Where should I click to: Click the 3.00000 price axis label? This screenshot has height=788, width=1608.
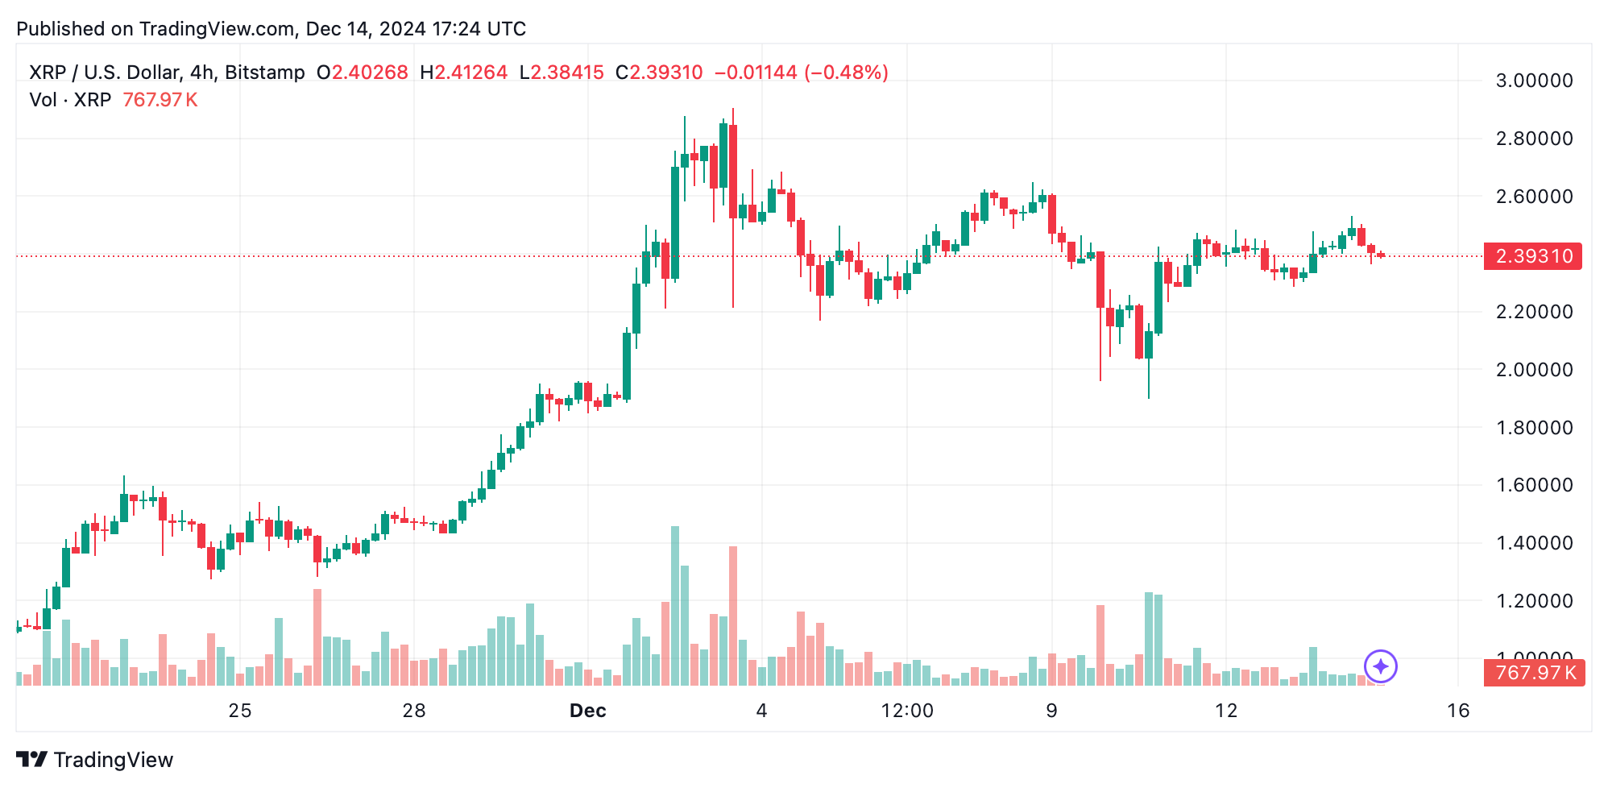(1533, 81)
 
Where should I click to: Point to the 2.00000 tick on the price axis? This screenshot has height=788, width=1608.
(1533, 370)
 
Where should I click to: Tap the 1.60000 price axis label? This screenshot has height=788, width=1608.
(1533, 485)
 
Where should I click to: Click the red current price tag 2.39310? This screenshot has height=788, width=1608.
(1532, 256)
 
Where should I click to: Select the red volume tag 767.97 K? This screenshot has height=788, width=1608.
(1534, 673)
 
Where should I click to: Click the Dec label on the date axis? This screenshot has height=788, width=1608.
(587, 711)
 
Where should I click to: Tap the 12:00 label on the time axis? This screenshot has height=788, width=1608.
(907, 711)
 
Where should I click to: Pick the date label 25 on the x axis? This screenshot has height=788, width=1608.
(240, 711)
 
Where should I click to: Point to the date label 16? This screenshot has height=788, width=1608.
(1457, 711)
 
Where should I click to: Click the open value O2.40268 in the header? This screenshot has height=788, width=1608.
(363, 73)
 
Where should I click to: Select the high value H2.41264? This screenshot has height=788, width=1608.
(464, 73)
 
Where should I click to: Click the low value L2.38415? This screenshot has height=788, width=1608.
(562, 73)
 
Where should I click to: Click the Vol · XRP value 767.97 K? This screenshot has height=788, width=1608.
(160, 100)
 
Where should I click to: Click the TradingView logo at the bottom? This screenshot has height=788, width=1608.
(94, 760)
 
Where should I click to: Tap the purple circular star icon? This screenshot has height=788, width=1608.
(1380, 666)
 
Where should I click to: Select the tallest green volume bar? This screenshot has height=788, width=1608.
(675, 606)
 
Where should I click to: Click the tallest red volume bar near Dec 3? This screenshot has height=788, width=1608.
(733, 616)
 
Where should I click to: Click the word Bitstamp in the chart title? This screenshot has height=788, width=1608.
(264, 73)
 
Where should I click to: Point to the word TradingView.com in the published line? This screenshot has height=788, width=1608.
(217, 29)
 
